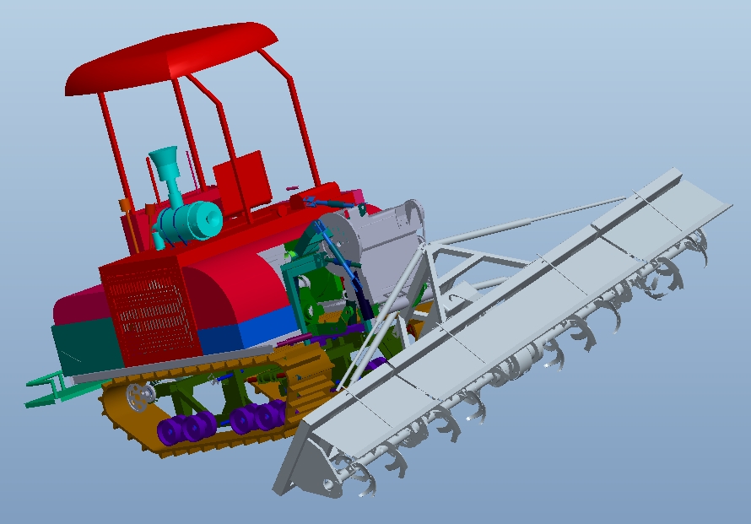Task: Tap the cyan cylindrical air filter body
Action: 191,221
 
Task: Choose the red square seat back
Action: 241,181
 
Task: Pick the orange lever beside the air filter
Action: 125,216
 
